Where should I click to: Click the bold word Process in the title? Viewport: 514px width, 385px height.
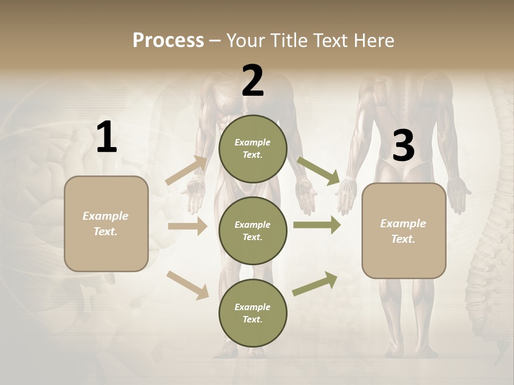(x=168, y=40)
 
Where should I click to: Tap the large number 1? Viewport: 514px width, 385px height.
(x=107, y=137)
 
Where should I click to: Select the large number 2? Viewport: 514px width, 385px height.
(x=253, y=81)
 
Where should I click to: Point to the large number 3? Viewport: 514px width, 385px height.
(x=403, y=146)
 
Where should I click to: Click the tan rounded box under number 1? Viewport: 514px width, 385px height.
(x=106, y=224)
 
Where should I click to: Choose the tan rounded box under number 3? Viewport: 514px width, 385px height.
(x=404, y=231)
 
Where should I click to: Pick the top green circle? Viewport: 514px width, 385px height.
(x=253, y=149)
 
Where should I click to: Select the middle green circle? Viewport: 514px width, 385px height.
(x=253, y=230)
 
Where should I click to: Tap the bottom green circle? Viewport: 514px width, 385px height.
(x=253, y=313)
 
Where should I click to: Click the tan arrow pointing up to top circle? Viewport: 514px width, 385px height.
(x=186, y=171)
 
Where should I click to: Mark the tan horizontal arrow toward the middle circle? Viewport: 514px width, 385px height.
(x=187, y=226)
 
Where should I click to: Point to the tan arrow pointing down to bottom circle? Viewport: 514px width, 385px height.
(x=187, y=284)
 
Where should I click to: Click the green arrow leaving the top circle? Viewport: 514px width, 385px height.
(x=319, y=171)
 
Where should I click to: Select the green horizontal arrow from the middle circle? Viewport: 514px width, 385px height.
(x=317, y=225)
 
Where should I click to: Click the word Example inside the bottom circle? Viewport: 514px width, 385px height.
(x=252, y=307)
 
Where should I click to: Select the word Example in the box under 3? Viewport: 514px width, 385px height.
(x=403, y=224)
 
